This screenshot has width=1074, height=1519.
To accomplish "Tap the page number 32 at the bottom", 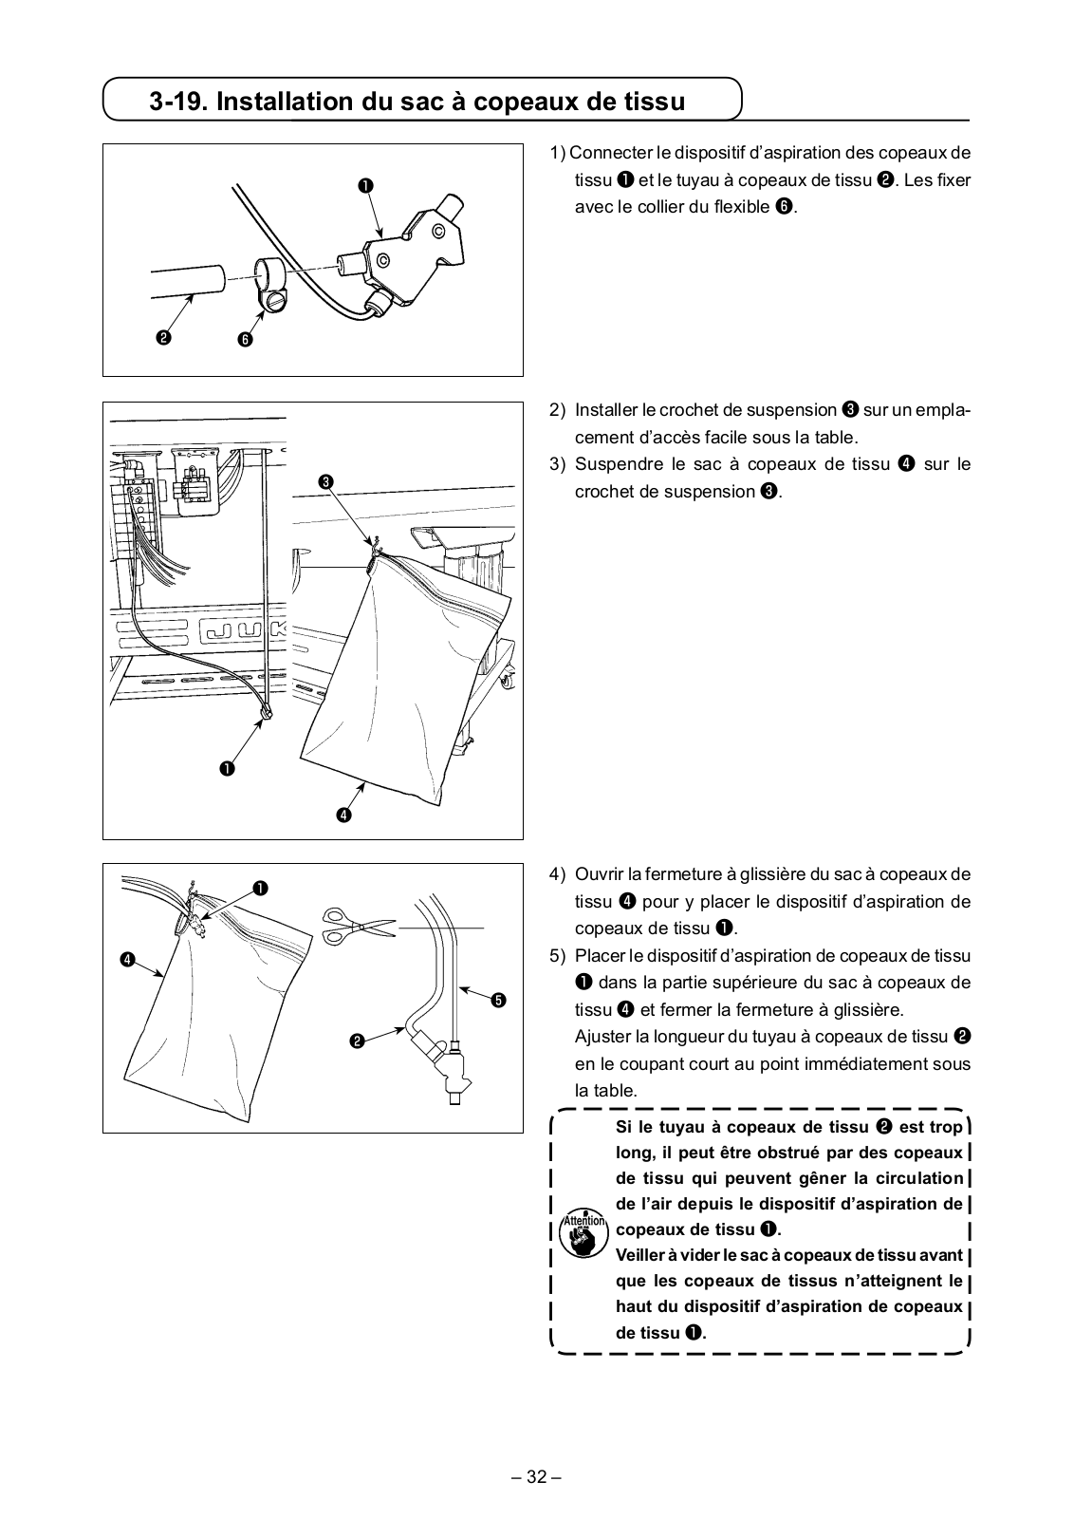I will tap(537, 1477).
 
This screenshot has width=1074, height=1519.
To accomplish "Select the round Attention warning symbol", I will tap(583, 1233).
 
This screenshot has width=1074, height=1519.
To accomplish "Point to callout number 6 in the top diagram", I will tap(246, 340).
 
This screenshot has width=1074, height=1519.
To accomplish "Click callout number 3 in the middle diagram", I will tap(326, 482).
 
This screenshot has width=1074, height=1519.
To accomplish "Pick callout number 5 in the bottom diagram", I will tap(499, 999).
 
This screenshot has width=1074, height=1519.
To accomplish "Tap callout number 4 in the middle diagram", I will tap(343, 815).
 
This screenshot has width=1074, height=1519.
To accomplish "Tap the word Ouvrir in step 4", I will tap(599, 874).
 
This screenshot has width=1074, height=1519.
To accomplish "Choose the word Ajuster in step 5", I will tap(603, 1037).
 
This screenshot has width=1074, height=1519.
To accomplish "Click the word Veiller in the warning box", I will tap(641, 1255).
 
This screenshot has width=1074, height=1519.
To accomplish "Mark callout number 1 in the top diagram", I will tap(364, 185).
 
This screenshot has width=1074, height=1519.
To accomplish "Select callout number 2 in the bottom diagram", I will tap(356, 1042).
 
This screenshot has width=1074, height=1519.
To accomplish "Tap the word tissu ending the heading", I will tap(651, 101).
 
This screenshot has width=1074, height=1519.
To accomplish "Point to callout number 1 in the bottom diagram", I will tap(259, 888).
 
